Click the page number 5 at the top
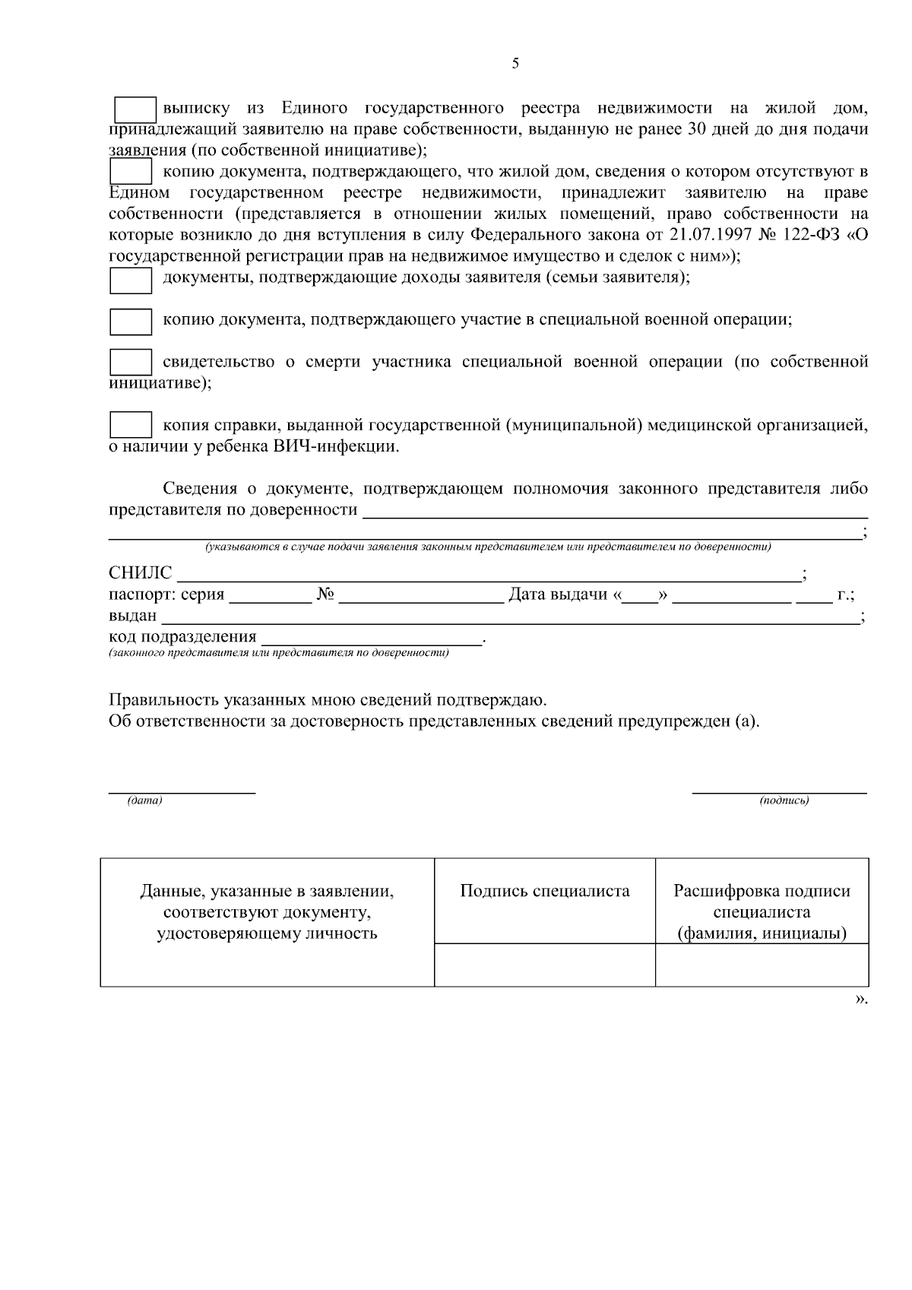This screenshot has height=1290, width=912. [515, 64]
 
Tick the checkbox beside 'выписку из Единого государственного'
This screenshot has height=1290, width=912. [135, 110]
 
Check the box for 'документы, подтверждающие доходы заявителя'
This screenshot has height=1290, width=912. [131, 281]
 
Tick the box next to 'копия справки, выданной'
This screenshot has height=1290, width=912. [131, 425]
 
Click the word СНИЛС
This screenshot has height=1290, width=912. [141, 573]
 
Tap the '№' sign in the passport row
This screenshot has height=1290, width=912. [326, 594]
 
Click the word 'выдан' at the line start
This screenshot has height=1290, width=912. [132, 616]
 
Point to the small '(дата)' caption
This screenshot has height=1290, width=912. [145, 800]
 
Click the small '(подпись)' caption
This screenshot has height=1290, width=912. [784, 800]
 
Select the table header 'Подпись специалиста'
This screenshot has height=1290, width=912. [544, 891]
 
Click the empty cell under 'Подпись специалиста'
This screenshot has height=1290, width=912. [544, 965]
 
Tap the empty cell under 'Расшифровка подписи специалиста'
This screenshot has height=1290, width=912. [762, 965]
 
